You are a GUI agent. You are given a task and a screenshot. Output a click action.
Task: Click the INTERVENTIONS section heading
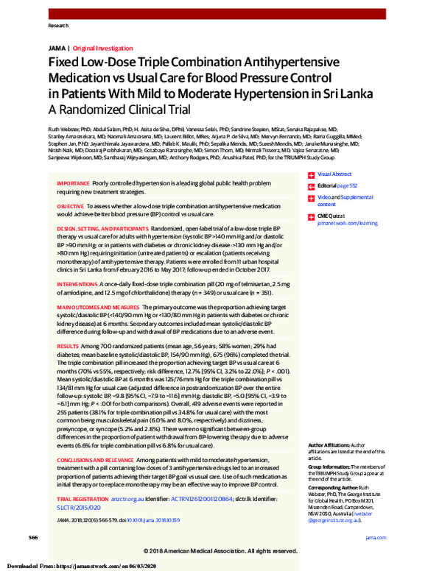point(78,283)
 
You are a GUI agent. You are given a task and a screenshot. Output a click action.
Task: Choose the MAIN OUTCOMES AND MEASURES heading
point(98,305)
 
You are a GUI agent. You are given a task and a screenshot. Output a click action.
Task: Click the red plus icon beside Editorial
point(311,186)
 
